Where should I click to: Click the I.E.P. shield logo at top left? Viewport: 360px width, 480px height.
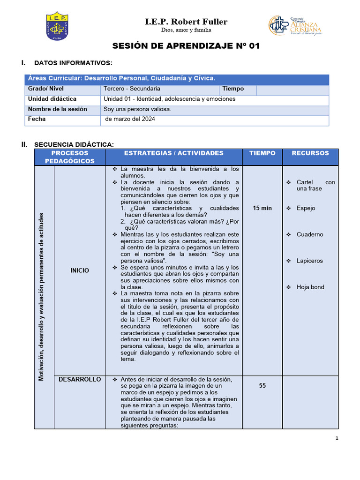pos(57,26)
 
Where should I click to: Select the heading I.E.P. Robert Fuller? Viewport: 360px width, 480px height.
pos(186,22)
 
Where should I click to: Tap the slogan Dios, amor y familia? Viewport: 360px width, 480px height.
pos(186,30)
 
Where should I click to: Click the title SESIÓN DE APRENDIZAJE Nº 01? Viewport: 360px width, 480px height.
pos(186,46)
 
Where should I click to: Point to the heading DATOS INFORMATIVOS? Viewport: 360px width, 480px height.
pos(73,63)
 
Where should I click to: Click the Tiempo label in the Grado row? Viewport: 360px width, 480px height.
pos(233,89)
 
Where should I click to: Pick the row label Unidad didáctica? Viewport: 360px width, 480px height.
pos(52,99)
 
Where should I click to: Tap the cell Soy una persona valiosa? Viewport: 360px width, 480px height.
pos(137,109)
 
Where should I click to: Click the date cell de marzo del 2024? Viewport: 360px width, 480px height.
pos(130,119)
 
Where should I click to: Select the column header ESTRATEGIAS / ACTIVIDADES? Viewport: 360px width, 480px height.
pos(174,153)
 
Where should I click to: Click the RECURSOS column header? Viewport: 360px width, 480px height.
pos(310,153)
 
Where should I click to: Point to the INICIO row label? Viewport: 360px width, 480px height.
pos(80,270)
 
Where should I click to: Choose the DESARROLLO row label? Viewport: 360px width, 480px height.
pos(80,379)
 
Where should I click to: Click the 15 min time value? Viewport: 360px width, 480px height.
pos(262,208)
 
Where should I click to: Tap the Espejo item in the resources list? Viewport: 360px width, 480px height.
pos(306,208)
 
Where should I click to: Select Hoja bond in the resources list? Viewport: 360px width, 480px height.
pos(310,287)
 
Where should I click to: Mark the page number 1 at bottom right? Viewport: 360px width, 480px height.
pos(337,438)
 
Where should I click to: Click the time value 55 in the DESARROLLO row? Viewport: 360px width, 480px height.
pos(262,385)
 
